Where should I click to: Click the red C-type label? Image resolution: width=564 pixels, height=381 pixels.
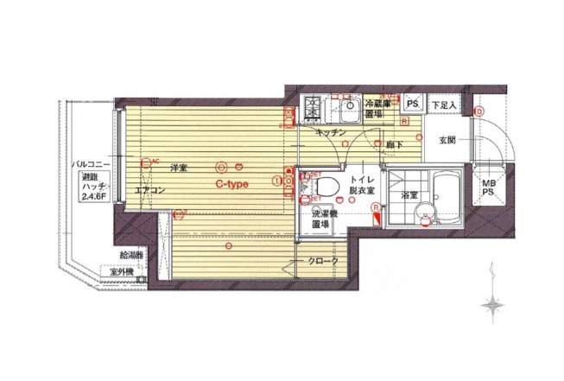click(x=232, y=184)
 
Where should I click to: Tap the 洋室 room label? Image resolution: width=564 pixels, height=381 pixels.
click(x=179, y=166)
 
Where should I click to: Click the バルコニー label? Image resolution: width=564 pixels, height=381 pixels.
click(x=90, y=162)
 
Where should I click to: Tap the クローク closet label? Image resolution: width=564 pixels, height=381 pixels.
click(x=322, y=261)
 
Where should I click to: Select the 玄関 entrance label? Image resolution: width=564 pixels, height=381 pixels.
click(x=447, y=140)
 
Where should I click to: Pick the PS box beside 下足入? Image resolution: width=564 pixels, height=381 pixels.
click(x=413, y=105)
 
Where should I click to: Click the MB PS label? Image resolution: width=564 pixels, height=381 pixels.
click(x=489, y=187)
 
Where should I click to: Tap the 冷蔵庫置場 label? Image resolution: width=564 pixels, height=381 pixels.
click(x=374, y=107)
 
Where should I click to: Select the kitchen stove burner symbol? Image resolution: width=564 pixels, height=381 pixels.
click(x=311, y=110)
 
